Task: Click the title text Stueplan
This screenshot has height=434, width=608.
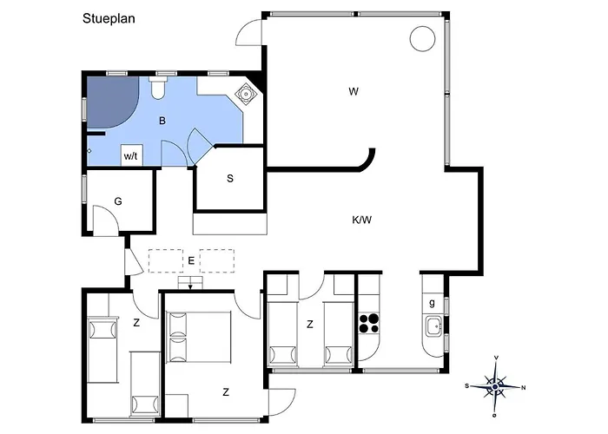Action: (x=109, y=18)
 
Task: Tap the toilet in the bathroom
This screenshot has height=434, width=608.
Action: (x=158, y=88)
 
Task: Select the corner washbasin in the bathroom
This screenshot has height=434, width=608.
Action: (x=246, y=94)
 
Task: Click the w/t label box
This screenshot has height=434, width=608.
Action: (x=131, y=155)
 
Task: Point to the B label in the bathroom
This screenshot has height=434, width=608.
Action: (x=162, y=121)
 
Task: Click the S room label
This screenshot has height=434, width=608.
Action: (x=230, y=179)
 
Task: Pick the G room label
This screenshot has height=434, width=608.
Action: (x=118, y=201)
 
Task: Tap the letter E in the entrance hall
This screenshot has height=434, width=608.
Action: (x=191, y=260)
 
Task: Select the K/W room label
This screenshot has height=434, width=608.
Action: (x=362, y=220)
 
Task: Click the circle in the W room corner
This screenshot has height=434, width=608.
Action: (x=422, y=39)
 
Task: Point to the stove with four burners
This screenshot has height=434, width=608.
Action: (x=369, y=323)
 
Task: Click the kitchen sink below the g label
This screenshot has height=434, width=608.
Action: (x=434, y=326)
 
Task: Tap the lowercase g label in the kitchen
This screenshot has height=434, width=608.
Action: (x=432, y=303)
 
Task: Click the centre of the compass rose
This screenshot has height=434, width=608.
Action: (x=495, y=387)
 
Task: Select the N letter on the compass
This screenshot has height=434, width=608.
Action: (x=523, y=387)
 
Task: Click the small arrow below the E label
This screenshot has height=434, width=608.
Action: (x=190, y=286)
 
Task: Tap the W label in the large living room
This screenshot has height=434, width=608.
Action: (x=354, y=92)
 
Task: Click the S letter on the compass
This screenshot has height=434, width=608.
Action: (x=467, y=386)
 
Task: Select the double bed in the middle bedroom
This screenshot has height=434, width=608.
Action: (x=199, y=337)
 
